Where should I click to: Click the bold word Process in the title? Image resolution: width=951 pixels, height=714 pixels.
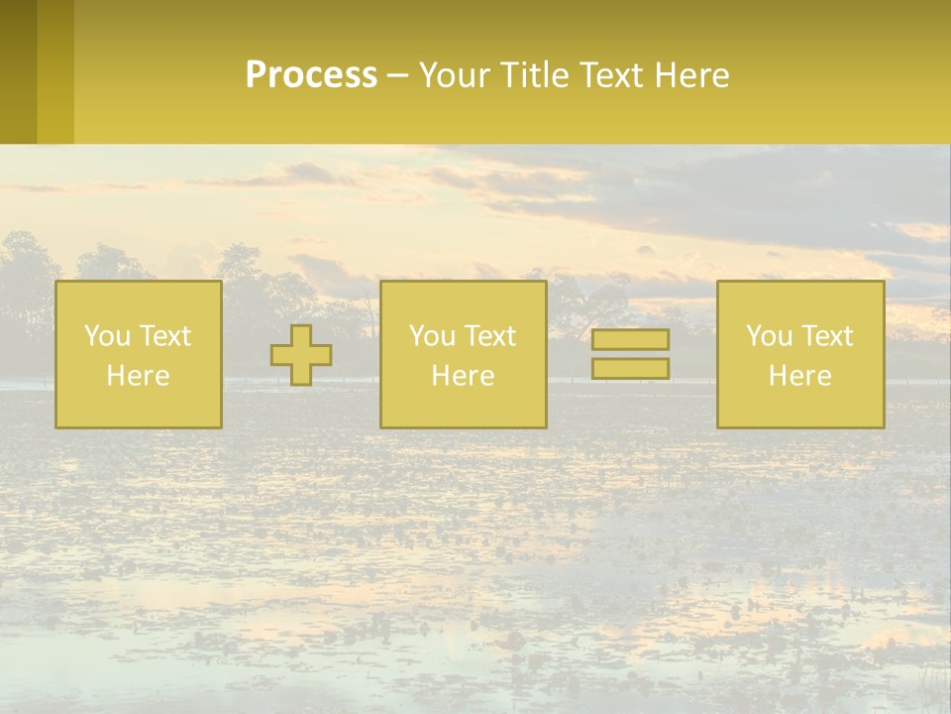click(x=311, y=75)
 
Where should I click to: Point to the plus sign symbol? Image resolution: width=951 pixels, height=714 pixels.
click(x=301, y=355)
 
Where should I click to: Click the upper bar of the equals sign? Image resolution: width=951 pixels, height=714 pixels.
click(x=630, y=339)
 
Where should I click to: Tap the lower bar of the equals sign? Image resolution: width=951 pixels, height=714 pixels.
click(x=630, y=368)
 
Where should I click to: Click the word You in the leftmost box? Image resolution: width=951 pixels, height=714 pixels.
click(x=107, y=336)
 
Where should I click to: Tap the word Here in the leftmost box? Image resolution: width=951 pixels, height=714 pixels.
click(x=138, y=376)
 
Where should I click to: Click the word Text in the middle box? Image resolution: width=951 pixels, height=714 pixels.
click(x=490, y=336)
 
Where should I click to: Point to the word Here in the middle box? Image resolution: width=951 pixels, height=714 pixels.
click(x=463, y=376)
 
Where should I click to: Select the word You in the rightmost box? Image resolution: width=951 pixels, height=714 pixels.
click(x=769, y=336)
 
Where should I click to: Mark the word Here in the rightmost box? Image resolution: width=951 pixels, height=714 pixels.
click(x=800, y=376)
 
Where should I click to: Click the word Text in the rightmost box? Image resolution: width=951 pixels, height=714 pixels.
click(x=827, y=336)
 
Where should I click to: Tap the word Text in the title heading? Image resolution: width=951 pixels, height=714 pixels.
click(x=607, y=75)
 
